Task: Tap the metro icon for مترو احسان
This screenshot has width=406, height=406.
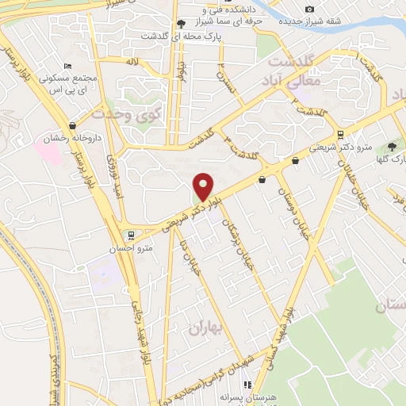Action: tap(131, 235)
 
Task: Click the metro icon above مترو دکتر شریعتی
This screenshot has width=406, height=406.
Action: tap(341, 134)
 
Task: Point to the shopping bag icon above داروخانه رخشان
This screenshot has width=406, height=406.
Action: tap(74, 124)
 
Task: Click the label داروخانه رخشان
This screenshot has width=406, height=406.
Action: tap(58, 138)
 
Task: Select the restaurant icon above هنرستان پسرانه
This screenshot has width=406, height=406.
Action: tap(248, 385)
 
